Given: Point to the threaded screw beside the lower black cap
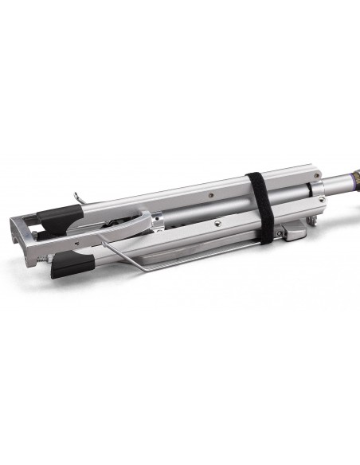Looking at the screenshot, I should [x=44, y=259].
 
